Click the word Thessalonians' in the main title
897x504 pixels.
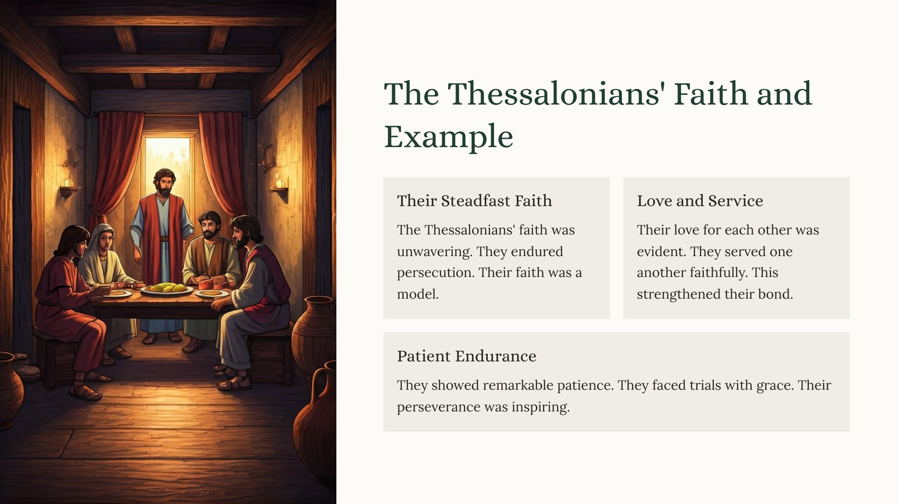pos(554,94)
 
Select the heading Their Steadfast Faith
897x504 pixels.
pos(474,201)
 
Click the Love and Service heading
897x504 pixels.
pos(700,201)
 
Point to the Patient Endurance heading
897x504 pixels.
pos(466,356)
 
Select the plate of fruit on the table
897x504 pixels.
pos(167,289)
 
